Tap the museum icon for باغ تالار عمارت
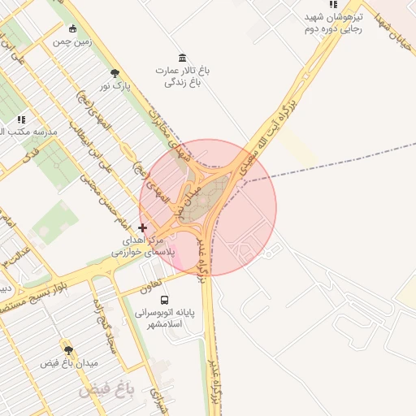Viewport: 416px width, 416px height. (x=181, y=58)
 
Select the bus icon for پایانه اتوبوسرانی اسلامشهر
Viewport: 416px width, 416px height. (x=165, y=299)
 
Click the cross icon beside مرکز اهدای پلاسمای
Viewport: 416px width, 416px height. (x=143, y=228)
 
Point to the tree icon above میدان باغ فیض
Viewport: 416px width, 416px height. (x=67, y=349)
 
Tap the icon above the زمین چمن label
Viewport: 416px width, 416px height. (x=73, y=29)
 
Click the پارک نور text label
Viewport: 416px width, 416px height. (x=115, y=85)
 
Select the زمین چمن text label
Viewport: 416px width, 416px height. (x=73, y=41)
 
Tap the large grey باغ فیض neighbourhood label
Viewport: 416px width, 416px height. (x=105, y=392)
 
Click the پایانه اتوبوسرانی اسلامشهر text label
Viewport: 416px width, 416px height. (x=168, y=318)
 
